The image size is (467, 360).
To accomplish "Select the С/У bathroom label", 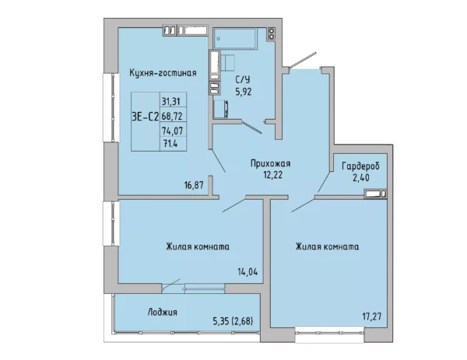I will click(x=243, y=79).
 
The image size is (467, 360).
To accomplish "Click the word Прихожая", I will click(x=270, y=164).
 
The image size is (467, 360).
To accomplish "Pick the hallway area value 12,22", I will click(x=270, y=175).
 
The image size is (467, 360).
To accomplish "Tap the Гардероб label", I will click(x=360, y=166).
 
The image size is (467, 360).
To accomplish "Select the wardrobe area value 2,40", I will click(x=360, y=177).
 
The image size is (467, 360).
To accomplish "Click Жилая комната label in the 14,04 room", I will click(x=197, y=246).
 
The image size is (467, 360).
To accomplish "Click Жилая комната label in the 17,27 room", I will click(x=327, y=246).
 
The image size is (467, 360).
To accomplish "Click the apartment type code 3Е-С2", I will click(x=144, y=116).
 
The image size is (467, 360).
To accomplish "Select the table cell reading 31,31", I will click(x=171, y=100).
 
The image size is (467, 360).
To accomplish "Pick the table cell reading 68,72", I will click(x=171, y=115).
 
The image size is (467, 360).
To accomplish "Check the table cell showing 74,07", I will click(x=171, y=130).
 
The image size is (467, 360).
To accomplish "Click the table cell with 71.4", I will click(x=170, y=144).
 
